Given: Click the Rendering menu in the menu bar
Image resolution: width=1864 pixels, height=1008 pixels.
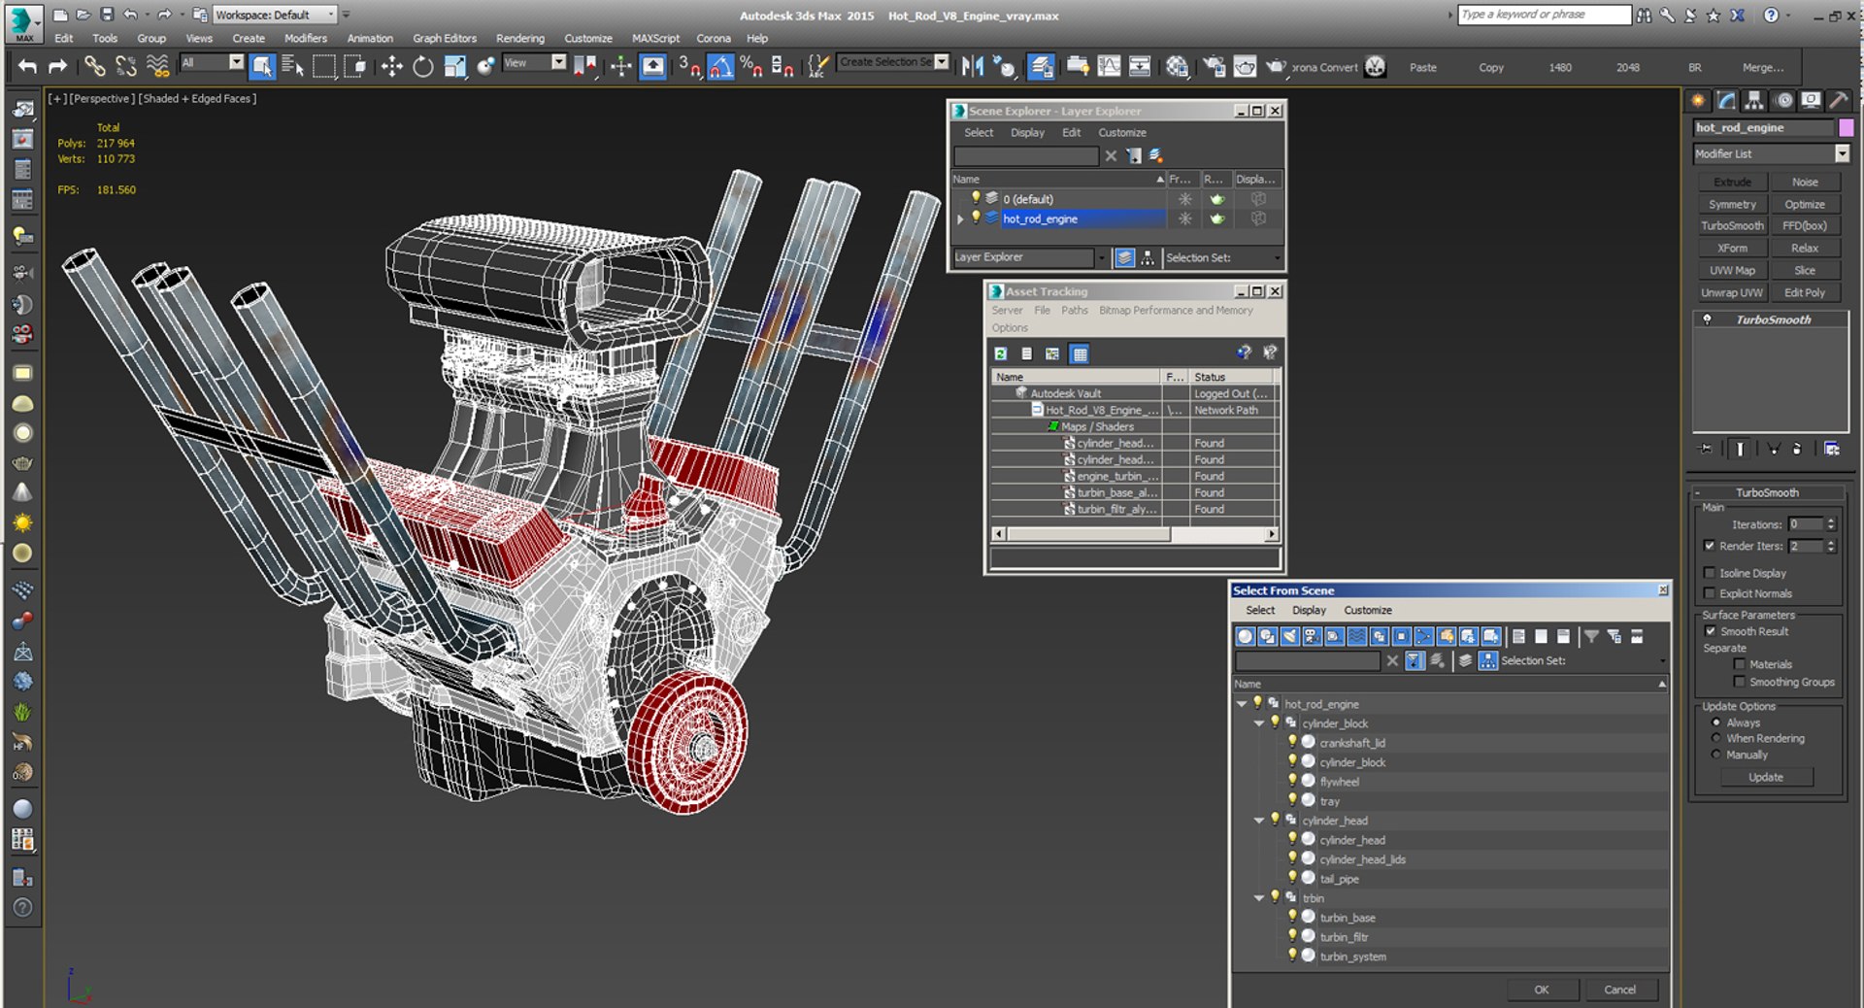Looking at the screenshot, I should pos(519,39).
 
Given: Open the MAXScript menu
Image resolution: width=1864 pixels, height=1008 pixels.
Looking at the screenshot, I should pos(655,39).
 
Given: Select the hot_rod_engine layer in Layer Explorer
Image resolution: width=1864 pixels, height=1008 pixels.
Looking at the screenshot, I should pos(1040,219).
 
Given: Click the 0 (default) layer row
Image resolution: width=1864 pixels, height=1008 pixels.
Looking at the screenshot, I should pos(1028,199).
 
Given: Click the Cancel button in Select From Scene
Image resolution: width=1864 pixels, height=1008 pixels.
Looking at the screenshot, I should pos(1619,990).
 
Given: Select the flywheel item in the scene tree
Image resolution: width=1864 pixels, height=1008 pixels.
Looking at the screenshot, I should pos(1339,782).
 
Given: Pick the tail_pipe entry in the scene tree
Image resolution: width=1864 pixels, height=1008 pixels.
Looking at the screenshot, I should pos(1339,879).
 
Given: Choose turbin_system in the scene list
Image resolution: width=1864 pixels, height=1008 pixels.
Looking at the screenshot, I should pos(1352,957).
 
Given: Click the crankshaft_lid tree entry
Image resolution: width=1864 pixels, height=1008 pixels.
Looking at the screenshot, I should pos(1351,743).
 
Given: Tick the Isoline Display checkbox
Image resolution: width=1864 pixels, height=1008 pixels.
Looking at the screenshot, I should pos(1710,573).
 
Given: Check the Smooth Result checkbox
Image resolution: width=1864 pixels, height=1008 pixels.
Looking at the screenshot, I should pos(1710,631).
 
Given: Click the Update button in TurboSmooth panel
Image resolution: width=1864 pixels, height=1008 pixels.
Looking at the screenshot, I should pos(1765,777).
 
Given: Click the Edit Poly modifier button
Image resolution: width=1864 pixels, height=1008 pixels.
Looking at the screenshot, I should pos(1804,292).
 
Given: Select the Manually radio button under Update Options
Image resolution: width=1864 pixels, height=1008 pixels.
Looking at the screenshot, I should pos(1716,755).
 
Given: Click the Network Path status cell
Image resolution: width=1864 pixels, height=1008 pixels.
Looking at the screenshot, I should pos(1226,411).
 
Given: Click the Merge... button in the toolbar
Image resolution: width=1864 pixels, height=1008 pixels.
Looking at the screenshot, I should pos(1762,68).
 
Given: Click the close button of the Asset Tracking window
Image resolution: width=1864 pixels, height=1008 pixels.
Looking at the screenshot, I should pos(1276,291).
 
